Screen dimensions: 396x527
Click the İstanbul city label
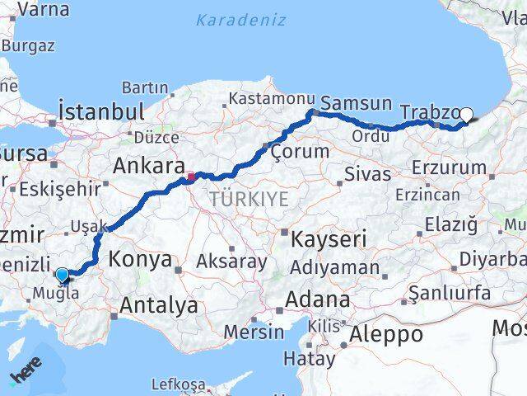click(101, 111)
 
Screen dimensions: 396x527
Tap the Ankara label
click(148, 167)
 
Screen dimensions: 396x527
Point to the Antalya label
click(158, 305)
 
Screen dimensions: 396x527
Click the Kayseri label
click(329, 240)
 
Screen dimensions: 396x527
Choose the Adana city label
click(318, 299)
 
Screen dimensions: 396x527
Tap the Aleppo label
click(385, 334)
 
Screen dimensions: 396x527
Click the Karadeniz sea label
click(240, 20)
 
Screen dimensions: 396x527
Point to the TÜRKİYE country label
click(249, 199)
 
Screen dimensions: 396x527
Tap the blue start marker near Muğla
click(62, 275)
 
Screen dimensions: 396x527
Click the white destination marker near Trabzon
click(466, 115)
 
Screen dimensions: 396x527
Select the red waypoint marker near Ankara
click(191, 176)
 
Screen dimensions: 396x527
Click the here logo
click(25, 375)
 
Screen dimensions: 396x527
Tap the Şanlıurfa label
click(450, 293)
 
